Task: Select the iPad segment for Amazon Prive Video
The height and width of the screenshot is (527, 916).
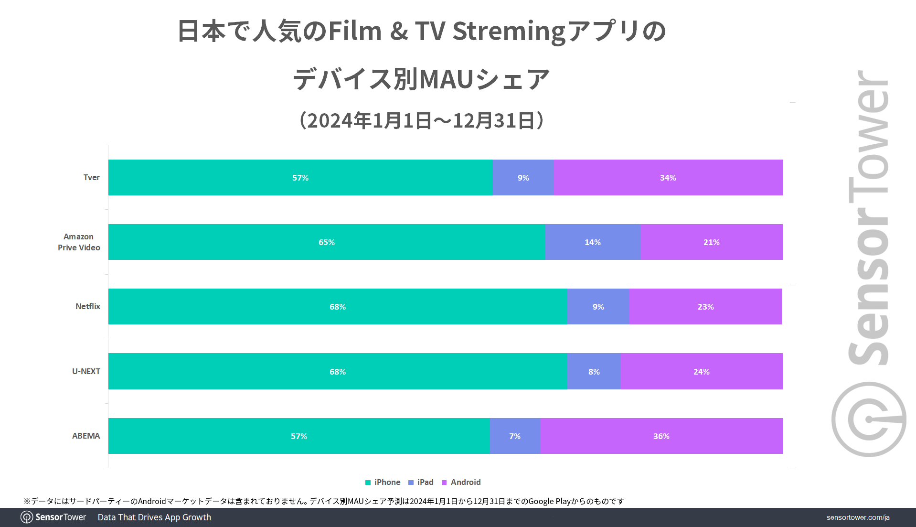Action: (593, 242)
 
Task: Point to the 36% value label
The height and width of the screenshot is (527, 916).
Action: (661, 436)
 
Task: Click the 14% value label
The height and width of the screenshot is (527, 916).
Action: (593, 243)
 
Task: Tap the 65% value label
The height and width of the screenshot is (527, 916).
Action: (327, 243)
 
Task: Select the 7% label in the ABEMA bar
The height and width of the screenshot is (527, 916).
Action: (515, 436)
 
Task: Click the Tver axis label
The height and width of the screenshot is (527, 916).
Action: (91, 178)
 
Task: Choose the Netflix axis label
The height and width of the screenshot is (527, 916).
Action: (88, 307)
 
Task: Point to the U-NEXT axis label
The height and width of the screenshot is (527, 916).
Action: (86, 372)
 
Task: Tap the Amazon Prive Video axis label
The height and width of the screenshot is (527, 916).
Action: (79, 242)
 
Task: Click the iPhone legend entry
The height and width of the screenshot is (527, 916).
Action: (383, 483)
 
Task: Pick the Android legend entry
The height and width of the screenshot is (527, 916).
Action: (461, 483)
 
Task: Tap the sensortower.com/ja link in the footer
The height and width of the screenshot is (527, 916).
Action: (858, 517)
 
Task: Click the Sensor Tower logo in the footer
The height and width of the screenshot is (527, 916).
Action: (53, 517)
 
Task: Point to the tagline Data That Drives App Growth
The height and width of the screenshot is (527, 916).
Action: (154, 517)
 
